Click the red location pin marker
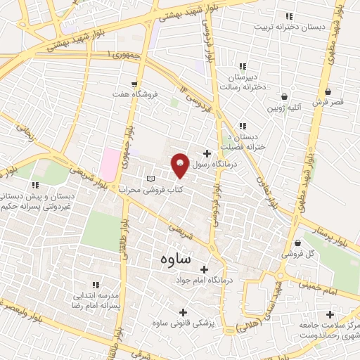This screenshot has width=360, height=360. point(181,165)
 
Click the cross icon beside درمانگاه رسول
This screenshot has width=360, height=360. point(207,153)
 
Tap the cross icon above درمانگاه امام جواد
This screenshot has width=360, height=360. point(205,269)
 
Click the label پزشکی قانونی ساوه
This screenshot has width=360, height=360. point(181,323)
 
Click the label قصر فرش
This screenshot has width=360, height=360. point(328,103)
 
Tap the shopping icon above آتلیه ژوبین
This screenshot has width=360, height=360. point(284,96)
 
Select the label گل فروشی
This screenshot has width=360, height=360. point(297,253)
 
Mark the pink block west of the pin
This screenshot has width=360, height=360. point(110,164)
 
